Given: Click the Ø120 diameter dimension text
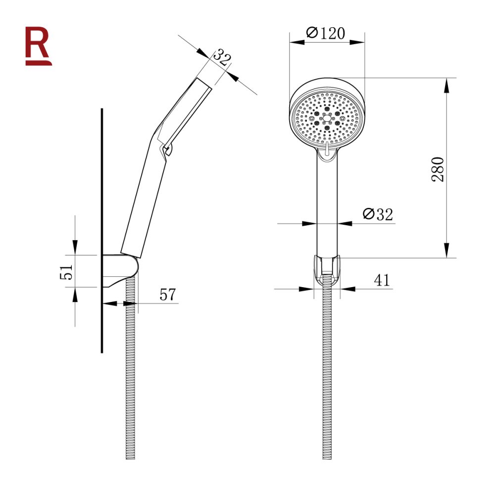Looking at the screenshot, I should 326,33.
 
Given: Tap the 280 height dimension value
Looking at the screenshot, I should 439,169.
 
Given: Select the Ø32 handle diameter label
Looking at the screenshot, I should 377,214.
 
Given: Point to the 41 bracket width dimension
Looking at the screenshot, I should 381,281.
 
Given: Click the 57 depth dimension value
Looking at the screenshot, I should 168,295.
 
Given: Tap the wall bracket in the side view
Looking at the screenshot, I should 122,270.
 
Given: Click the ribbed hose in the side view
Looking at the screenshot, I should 131,376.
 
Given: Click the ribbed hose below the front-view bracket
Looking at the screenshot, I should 327,376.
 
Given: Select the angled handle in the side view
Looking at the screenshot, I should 144,198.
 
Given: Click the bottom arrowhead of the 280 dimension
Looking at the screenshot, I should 446,250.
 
